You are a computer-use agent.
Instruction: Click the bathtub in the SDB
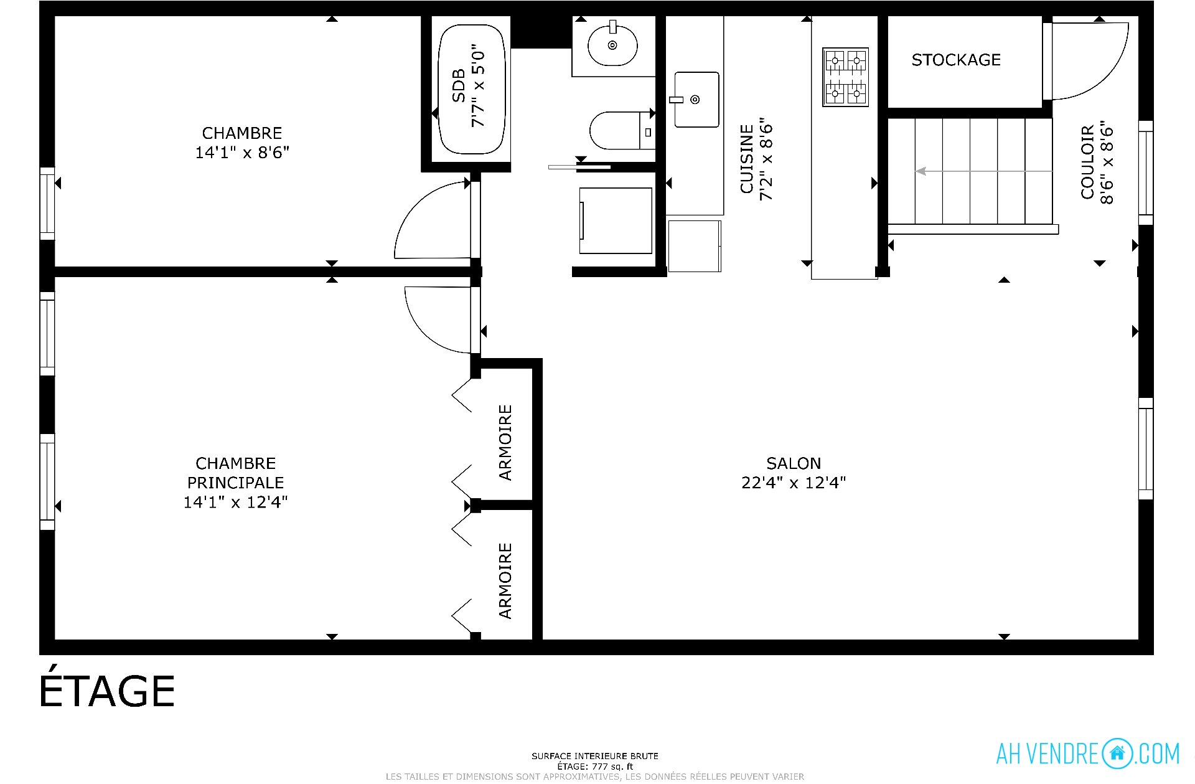point(472,89)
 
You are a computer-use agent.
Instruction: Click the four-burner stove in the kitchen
point(845,77)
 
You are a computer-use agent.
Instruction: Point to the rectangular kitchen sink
point(696,100)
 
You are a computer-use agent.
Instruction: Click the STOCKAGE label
point(956,60)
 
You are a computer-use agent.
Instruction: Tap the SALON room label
point(794,463)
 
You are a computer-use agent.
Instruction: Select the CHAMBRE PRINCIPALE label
point(236,473)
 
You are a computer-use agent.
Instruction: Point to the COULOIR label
point(1087,163)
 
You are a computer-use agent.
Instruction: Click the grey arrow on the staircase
point(983,171)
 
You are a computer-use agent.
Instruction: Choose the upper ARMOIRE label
point(505,443)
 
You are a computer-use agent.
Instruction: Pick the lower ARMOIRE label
point(505,581)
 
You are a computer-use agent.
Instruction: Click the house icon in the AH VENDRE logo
point(1117,753)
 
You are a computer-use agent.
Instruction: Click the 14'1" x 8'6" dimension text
point(242,153)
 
